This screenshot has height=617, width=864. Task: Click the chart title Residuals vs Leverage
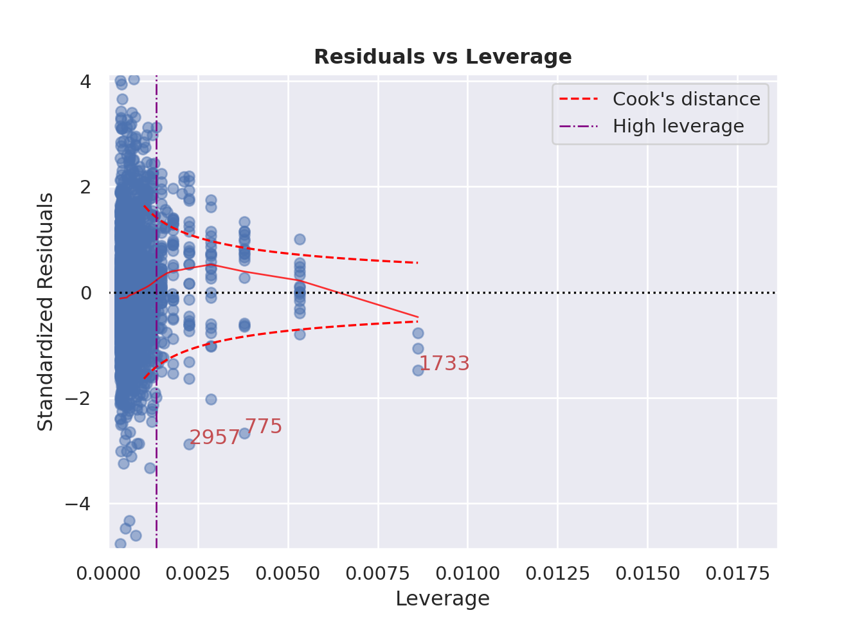point(442,57)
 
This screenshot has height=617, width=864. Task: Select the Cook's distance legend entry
point(686,100)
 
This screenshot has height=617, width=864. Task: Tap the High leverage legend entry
point(678,127)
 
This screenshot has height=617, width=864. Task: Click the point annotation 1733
point(444,364)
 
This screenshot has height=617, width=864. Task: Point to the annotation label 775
point(264,427)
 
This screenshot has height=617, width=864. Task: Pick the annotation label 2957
point(214,438)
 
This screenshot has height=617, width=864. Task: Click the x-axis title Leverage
point(442,598)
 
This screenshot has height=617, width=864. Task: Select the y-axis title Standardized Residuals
point(46,312)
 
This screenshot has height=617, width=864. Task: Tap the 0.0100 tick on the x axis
point(467,573)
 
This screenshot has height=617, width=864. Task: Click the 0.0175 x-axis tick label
point(737,573)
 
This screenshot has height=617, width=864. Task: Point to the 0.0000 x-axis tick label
point(108,573)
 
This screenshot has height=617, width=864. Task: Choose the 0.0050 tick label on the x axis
point(288,573)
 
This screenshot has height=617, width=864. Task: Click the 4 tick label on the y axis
point(85,82)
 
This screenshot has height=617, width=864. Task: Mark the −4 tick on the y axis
point(78,504)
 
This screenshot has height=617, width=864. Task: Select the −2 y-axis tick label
point(78,398)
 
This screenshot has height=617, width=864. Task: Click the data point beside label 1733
point(418,370)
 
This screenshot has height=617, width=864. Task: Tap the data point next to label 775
point(244,433)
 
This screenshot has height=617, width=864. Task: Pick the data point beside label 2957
point(189,444)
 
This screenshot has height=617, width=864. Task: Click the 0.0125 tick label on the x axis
point(557,573)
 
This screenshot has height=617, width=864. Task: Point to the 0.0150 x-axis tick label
point(647,573)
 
